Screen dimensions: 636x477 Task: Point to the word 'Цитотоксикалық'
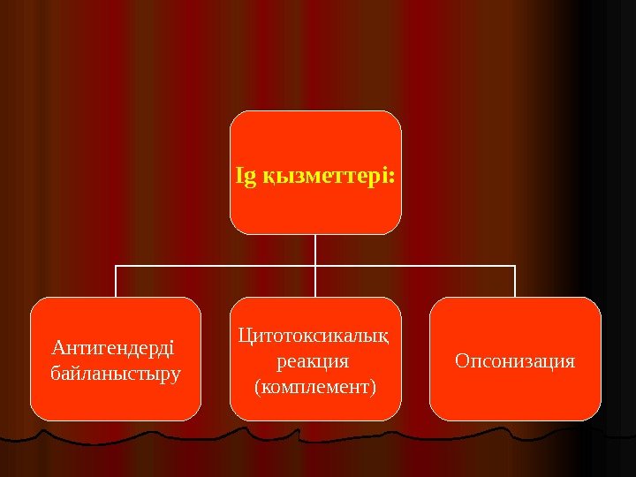click(x=315, y=336)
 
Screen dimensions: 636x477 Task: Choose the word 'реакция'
click(x=314, y=361)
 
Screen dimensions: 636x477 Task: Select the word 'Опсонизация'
click(x=515, y=361)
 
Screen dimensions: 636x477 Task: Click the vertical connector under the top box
click(x=315, y=249)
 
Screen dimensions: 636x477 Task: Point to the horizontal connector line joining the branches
click(x=221, y=264)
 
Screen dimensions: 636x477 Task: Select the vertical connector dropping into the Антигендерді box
click(x=116, y=281)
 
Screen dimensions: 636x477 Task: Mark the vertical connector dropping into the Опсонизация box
click(x=515, y=281)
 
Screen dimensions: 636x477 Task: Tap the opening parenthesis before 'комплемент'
click(x=257, y=387)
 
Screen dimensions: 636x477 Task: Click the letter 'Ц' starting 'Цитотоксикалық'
click(x=245, y=336)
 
